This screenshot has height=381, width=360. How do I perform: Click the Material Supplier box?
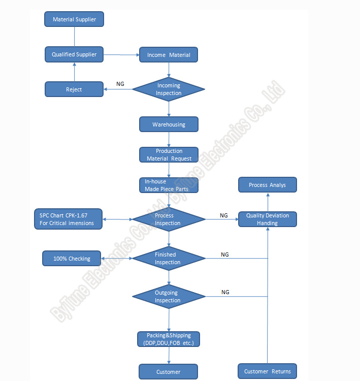[74, 19]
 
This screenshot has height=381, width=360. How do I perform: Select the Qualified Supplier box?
[74, 54]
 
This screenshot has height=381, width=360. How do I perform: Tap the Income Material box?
[169, 55]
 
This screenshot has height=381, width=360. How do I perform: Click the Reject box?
[74, 89]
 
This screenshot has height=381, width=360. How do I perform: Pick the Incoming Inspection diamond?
[169, 89]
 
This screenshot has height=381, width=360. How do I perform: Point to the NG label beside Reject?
[120, 84]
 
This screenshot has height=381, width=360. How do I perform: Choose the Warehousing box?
[169, 124]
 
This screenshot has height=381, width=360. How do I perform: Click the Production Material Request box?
[169, 155]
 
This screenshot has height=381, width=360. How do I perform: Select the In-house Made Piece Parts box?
[169, 185]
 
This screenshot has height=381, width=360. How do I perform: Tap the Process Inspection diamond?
[169, 219]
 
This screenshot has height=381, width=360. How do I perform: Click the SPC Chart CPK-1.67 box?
[68, 219]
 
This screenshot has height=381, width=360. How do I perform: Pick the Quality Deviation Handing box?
[268, 219]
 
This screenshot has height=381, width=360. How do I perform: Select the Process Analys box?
[268, 185]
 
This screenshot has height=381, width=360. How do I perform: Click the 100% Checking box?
[72, 258]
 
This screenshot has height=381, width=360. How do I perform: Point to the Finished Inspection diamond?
[169, 258]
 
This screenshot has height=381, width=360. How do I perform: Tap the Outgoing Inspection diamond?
[169, 297]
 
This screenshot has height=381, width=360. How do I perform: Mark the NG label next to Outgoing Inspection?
[225, 292]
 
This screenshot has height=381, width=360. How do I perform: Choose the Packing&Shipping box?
[169, 339]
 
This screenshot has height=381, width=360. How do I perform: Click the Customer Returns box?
[267, 371]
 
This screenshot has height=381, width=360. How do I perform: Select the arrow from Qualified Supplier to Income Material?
[121, 55]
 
